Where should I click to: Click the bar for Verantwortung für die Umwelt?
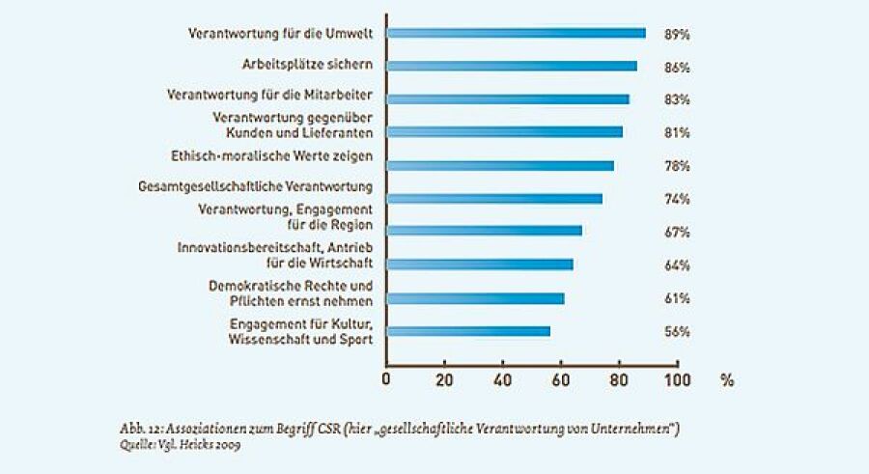coord(516,33)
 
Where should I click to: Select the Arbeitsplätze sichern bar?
coord(512,66)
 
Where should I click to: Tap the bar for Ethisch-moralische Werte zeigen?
coord(500,165)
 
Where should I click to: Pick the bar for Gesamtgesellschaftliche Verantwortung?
coord(494,199)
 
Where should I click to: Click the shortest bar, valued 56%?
coord(468,331)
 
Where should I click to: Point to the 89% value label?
coord(676,34)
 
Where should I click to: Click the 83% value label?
coord(676,99)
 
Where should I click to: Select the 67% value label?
coord(676,232)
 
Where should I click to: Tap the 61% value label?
coord(676,298)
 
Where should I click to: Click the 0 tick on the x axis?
coord(386,379)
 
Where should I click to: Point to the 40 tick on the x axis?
coord(502,379)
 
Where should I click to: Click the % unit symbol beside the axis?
coord(727,379)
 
